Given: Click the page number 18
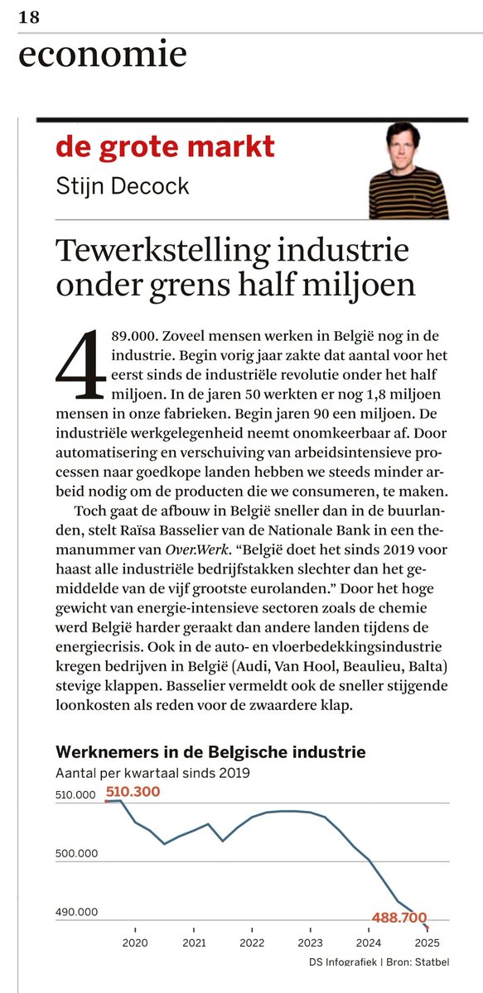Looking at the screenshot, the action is [28, 17].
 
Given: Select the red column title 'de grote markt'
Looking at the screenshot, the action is [165, 148].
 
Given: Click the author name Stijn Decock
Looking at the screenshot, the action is [123, 185].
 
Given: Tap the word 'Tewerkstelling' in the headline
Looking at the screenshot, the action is [162, 250].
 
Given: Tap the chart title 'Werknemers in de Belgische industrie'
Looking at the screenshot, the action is [210, 753].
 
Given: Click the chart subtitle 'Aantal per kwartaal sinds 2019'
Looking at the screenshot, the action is [152, 774].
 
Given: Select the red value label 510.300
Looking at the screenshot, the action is [132, 792].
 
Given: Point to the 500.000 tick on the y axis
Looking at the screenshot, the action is [77, 854].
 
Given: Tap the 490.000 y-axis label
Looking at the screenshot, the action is [77, 912].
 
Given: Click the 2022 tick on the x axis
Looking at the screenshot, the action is [252, 943].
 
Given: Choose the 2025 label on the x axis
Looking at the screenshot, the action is [427, 943].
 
